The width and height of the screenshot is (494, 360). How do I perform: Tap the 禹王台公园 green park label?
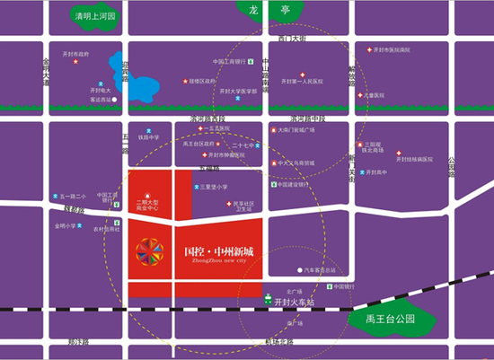click(386, 319)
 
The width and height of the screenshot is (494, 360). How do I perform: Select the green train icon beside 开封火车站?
click(268, 303)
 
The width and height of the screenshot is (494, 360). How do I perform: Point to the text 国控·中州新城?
click(218, 251)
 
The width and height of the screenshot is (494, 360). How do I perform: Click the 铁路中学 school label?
click(148, 137)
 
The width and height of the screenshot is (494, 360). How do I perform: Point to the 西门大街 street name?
click(292, 40)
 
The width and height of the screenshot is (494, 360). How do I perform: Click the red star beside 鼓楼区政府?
click(185, 81)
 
